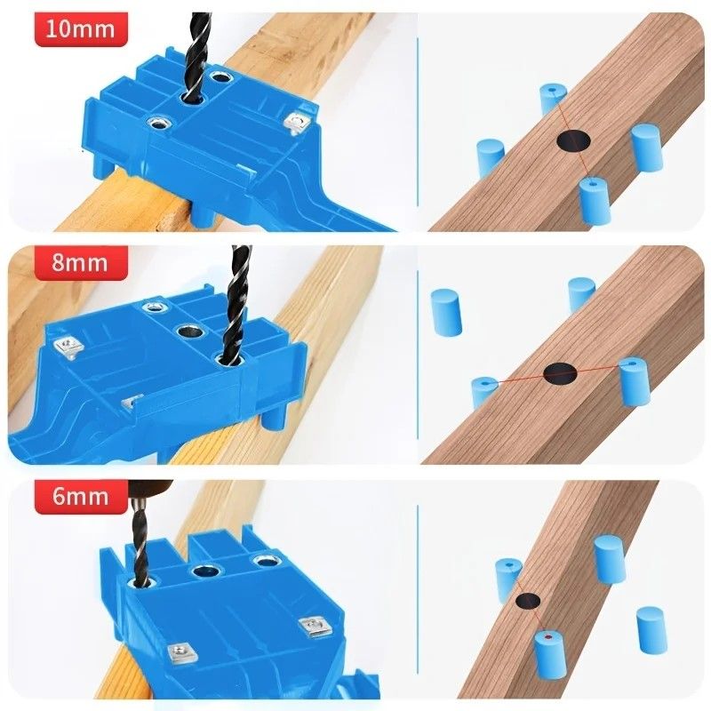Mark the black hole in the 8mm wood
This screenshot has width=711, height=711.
pos(561,374)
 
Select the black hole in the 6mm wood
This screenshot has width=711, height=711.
pos(528,602)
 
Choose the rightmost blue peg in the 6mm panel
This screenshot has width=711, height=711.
pos(651,624)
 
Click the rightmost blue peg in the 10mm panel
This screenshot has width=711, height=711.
pos(646,147)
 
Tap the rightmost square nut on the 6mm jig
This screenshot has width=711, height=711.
pos(312,627)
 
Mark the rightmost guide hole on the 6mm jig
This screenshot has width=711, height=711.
pos(263,561)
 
